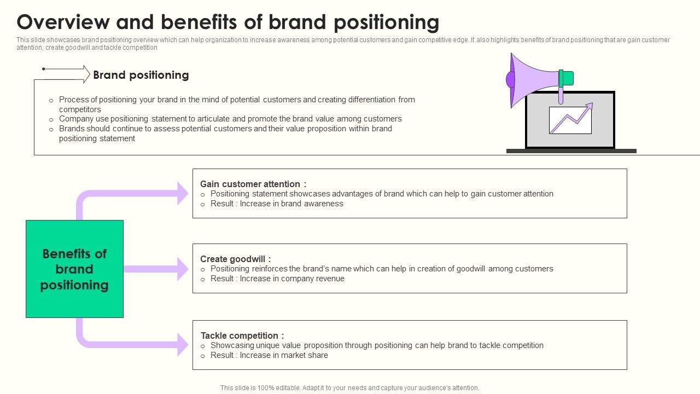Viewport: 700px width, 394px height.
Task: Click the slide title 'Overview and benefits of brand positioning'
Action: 227,22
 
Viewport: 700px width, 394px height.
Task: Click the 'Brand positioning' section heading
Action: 141,75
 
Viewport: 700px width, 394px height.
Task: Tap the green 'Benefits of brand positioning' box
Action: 74,269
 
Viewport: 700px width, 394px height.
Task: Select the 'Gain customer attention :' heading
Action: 253,184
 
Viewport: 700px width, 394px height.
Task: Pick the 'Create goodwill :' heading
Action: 235,259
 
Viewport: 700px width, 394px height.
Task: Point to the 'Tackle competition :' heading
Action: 242,335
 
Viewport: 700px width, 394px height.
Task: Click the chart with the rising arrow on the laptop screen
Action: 570,120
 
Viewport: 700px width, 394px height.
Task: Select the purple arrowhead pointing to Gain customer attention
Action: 183,193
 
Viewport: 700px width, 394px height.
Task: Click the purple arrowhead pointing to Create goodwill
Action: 183,269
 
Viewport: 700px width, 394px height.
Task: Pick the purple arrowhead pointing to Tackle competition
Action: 183,345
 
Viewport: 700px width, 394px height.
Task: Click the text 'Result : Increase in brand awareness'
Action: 277,204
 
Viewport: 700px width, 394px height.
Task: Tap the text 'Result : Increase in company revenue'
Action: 277,279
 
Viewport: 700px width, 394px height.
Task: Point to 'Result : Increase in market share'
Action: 269,355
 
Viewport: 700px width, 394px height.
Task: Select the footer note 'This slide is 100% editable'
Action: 349,388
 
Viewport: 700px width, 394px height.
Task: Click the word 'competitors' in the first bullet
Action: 80,109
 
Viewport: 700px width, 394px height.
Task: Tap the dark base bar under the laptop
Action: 571,151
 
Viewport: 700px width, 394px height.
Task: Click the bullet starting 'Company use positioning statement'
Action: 230,119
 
